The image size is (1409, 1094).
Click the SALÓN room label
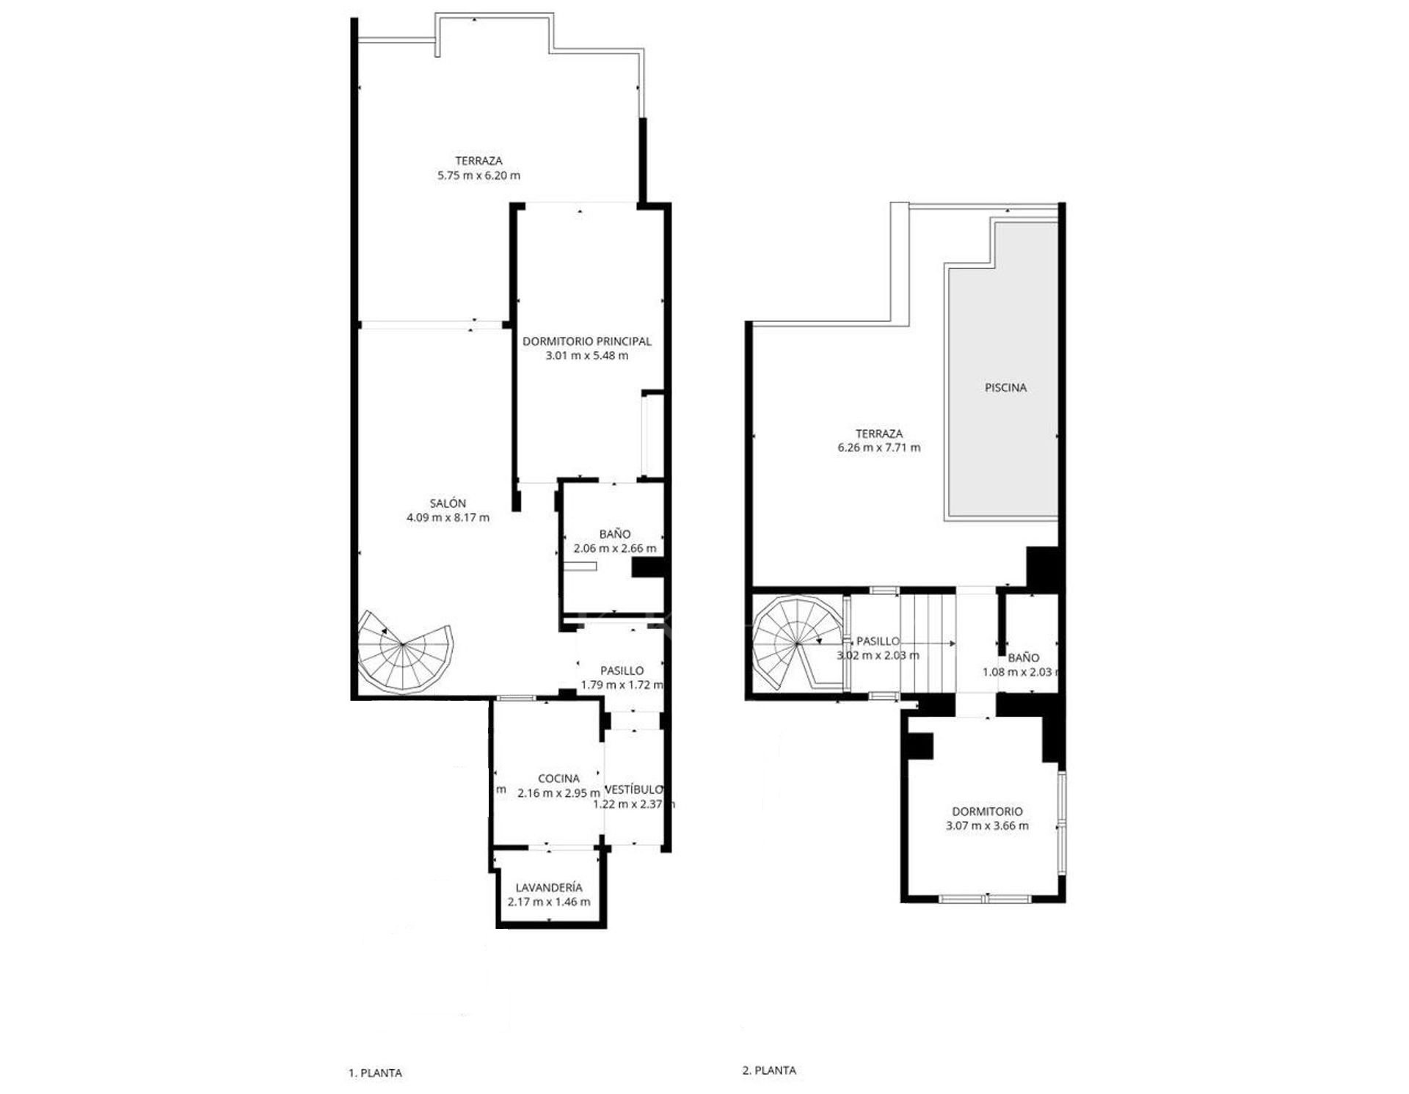(x=448, y=503)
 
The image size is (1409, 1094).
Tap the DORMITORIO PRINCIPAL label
(x=586, y=341)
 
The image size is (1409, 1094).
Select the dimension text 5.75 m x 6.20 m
(x=478, y=175)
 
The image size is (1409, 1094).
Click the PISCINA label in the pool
(x=1005, y=387)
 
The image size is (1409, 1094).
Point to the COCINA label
(x=558, y=778)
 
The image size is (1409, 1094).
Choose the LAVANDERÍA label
(x=549, y=888)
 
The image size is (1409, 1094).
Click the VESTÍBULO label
(x=633, y=789)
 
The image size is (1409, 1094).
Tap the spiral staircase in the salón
(x=405, y=651)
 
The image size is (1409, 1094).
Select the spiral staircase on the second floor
(x=798, y=643)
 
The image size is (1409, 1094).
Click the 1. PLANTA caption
(x=375, y=1073)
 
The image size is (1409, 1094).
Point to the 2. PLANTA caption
(x=769, y=1071)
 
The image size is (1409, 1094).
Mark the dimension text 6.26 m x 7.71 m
(x=879, y=448)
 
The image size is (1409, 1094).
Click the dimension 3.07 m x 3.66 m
(x=987, y=825)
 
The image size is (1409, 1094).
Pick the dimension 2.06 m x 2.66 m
(x=615, y=548)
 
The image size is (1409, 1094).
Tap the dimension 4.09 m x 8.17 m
(x=448, y=517)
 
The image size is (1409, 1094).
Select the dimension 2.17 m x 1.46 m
(x=549, y=902)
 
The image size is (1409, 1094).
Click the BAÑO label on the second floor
(x=1023, y=658)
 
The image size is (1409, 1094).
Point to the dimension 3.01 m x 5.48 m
(x=586, y=356)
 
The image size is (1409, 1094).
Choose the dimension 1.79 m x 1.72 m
(x=622, y=685)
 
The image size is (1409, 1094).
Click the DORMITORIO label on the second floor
(x=987, y=812)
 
